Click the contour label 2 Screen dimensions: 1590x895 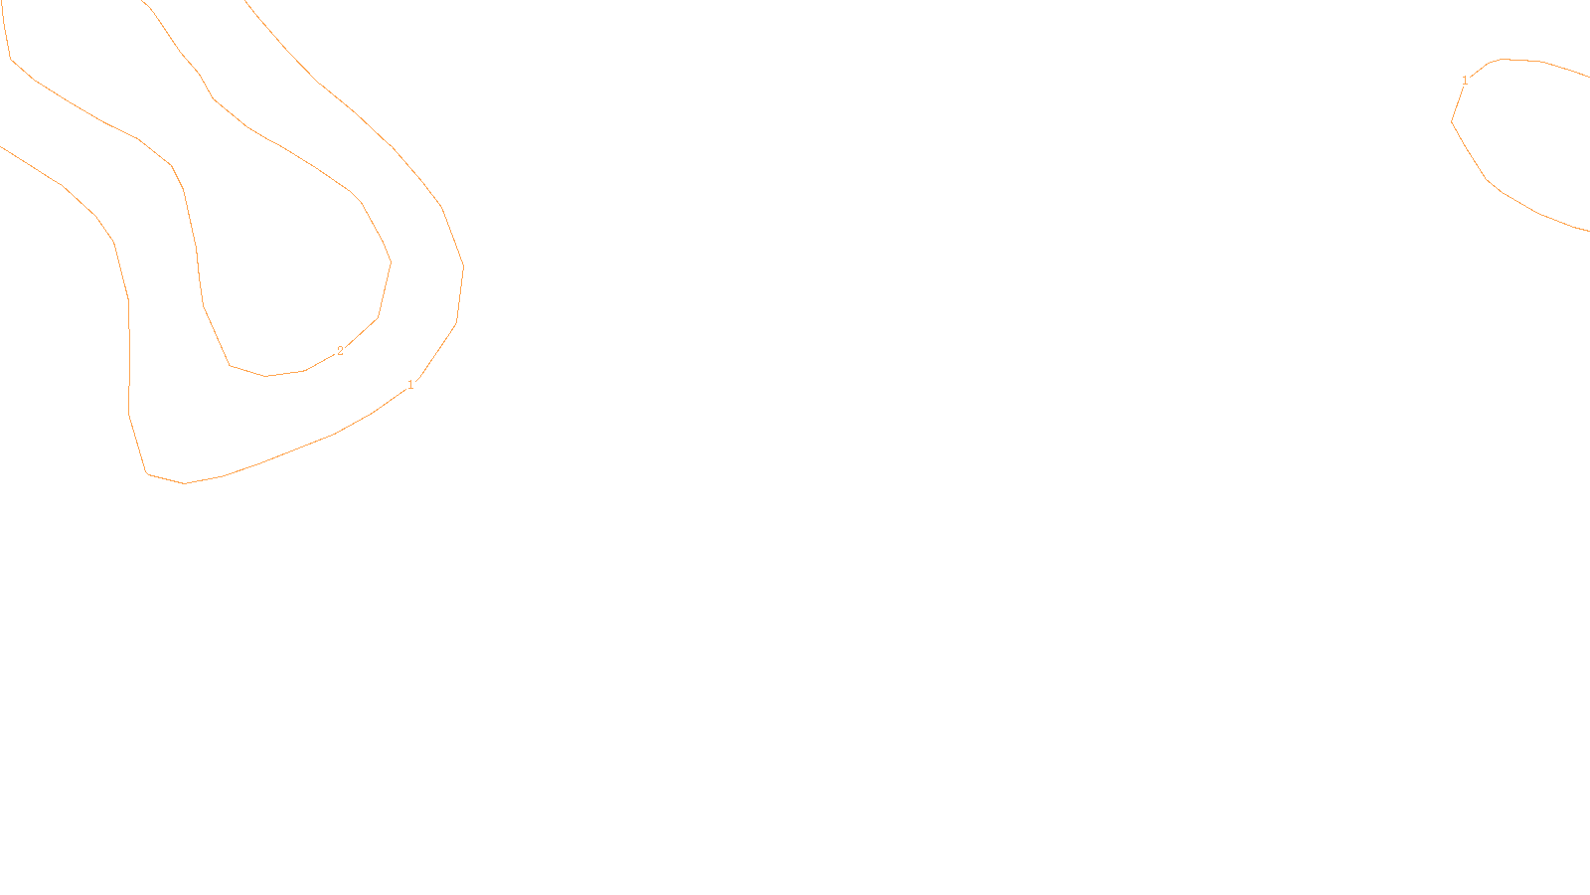coord(340,351)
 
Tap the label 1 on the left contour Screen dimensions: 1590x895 coord(410,385)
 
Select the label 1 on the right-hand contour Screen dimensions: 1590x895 coord(1465,81)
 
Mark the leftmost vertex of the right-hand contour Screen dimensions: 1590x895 coord(1452,121)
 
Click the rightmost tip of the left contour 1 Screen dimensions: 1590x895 coord(463,267)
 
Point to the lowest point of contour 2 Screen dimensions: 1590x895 coord(266,376)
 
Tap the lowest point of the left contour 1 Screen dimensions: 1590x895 coord(185,483)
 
